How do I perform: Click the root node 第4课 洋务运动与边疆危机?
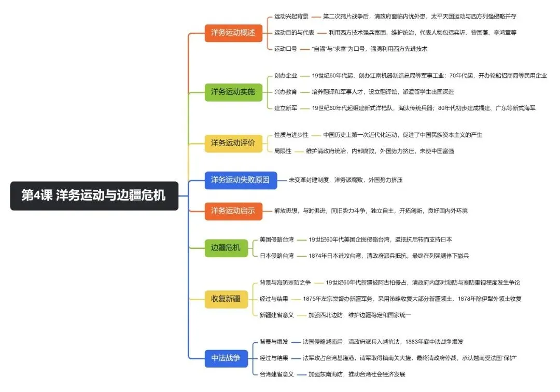(x=94, y=195)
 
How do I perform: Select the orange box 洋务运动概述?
(x=233, y=33)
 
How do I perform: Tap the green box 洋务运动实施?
(x=233, y=92)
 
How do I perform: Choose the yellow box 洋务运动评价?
(x=233, y=143)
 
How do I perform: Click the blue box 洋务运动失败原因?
(x=241, y=180)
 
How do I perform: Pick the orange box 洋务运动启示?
(x=233, y=211)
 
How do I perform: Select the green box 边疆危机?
(x=226, y=248)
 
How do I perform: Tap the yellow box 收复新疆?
(x=226, y=299)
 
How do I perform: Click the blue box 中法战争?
(x=226, y=358)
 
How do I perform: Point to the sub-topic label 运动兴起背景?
(x=291, y=17)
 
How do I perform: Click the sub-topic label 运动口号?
(x=285, y=49)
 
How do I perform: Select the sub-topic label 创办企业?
(x=285, y=76)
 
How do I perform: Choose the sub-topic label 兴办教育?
(x=285, y=92)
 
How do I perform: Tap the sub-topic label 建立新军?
(x=285, y=108)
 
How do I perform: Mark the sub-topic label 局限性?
(x=283, y=151)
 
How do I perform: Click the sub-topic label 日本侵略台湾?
(x=276, y=256)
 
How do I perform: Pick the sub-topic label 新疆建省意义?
(x=276, y=315)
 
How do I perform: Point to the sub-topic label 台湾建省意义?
(x=276, y=374)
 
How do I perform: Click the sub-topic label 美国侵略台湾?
(x=276, y=240)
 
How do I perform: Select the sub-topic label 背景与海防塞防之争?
(x=285, y=283)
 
